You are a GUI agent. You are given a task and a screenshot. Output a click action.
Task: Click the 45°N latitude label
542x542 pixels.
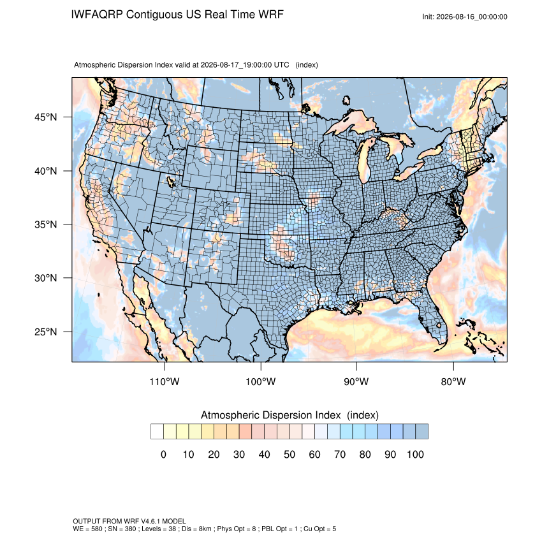coord(46,117)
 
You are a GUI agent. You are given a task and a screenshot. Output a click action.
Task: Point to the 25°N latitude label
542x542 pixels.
coord(46,332)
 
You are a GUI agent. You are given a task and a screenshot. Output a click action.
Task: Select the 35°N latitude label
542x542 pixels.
coord(46,224)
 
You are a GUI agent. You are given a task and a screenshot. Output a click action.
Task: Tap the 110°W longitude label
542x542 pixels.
coord(165,381)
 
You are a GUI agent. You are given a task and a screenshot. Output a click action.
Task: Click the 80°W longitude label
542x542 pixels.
coord(453,381)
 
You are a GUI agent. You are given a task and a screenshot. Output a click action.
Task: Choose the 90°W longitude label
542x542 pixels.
coord(356,381)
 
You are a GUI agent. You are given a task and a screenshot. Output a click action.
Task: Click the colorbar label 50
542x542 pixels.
coord(289,454)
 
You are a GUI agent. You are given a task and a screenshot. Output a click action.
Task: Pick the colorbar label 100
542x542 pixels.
coord(415,454)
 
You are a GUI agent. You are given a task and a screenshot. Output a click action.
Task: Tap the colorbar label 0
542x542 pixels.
coord(163,454)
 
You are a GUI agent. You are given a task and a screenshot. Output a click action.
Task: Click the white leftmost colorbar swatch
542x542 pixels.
coord(157,432)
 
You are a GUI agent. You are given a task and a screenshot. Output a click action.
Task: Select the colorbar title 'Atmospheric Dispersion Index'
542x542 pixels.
coord(270,415)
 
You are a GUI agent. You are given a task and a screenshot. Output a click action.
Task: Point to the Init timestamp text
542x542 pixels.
coord(465,17)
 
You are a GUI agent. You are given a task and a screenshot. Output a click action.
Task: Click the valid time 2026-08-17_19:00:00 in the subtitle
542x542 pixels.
coord(236,65)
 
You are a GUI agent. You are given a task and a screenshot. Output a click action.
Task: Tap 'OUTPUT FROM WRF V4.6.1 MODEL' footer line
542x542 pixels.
coord(129,521)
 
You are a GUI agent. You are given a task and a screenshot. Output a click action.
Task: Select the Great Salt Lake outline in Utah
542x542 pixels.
coord(170,182)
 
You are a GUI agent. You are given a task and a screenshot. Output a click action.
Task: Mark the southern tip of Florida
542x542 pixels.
coord(442,343)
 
